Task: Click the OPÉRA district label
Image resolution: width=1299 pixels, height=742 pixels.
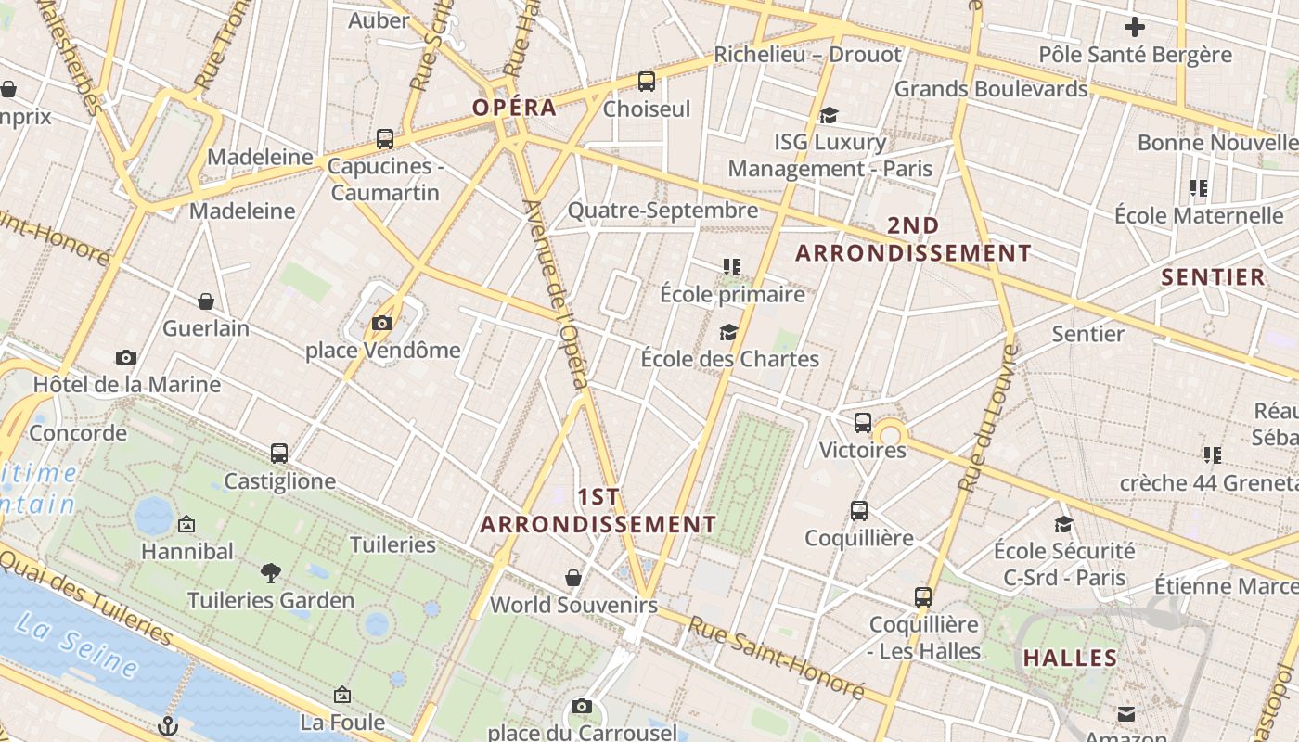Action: pos(514,108)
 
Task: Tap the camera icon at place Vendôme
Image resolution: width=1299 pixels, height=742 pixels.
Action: pos(381,323)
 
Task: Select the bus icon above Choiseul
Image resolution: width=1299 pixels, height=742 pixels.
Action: pos(647,82)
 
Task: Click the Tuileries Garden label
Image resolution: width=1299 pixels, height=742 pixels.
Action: pos(271,601)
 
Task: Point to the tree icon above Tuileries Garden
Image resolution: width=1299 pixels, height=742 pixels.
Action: pos(271,572)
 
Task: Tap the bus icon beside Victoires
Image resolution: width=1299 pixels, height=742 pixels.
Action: pos(863,423)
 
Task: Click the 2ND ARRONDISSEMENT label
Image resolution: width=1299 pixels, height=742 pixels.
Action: pos(913,239)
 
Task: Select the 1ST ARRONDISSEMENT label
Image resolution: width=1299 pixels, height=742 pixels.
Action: pos(598,511)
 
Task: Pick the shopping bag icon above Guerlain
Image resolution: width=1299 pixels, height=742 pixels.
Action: pos(206,301)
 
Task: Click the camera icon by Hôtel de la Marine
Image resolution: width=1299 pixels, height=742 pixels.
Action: pos(126,357)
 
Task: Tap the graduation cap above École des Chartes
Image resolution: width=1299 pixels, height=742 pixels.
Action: pos(729,332)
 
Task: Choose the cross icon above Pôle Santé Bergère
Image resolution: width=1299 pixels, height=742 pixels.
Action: pos(1134,27)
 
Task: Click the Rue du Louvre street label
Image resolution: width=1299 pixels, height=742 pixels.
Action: pos(989,417)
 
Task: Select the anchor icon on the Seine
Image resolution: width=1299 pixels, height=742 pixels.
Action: pos(168,725)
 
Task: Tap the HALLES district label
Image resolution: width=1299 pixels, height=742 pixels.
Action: pos(1070,659)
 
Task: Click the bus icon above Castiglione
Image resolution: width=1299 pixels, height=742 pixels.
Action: pos(279,454)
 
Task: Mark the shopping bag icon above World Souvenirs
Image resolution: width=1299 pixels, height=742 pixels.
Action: pos(573,578)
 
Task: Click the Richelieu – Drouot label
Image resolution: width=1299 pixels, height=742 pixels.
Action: pos(807,55)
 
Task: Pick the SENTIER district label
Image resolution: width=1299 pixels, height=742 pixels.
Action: pos(1213,277)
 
